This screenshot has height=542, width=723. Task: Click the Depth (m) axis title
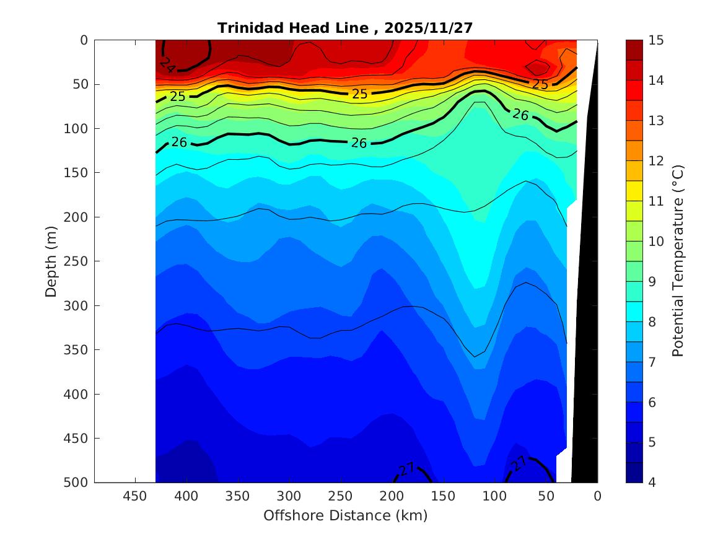tap(52, 261)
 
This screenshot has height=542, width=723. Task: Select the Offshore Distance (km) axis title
tap(345, 515)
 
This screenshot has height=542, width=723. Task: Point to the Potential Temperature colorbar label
tap(678, 261)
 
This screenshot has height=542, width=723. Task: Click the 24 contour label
tap(167, 63)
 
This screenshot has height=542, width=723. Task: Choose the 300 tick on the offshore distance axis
tap(288, 496)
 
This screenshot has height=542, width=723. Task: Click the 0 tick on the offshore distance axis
tap(597, 496)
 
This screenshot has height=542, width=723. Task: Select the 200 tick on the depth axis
tap(77, 217)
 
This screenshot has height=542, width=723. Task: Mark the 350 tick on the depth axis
tap(77, 350)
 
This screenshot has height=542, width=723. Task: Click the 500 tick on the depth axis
tap(77, 483)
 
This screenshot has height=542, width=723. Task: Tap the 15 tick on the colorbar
tap(655, 40)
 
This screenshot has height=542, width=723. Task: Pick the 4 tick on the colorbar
tap(652, 483)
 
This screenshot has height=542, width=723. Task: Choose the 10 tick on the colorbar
tap(655, 242)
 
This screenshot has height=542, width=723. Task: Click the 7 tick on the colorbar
tap(652, 362)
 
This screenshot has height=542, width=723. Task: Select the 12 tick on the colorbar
tap(655, 161)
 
